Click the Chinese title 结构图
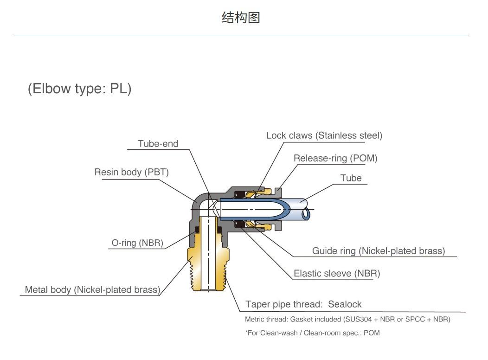241,18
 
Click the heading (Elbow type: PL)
80,89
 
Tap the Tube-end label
158,144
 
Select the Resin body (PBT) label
132,172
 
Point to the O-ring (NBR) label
137,243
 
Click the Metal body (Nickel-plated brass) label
92,289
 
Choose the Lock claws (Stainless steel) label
324,135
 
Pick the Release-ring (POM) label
335,158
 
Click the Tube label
351,178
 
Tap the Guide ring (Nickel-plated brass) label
379,251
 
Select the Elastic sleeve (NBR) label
337,274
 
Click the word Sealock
345,304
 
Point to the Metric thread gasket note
347,319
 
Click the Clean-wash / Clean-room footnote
312,333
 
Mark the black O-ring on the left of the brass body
197,230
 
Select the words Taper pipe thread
283,304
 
